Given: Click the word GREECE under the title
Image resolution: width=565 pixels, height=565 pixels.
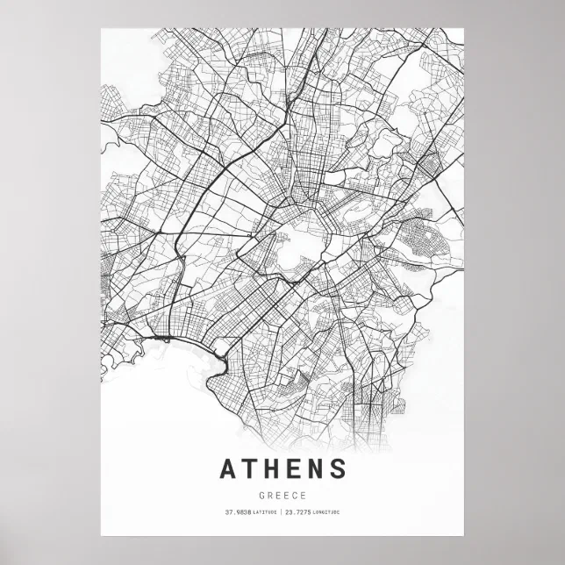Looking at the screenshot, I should [x=282, y=494].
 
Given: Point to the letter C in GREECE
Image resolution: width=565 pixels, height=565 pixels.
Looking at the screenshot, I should [x=294, y=494].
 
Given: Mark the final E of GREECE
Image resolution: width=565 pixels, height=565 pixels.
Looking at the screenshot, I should [x=302, y=494].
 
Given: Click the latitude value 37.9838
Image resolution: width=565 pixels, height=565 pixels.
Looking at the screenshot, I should [x=238, y=512].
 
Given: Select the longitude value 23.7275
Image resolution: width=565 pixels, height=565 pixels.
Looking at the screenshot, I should [x=302, y=512].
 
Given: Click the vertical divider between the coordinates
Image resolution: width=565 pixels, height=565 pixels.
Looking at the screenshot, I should [x=282, y=512].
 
